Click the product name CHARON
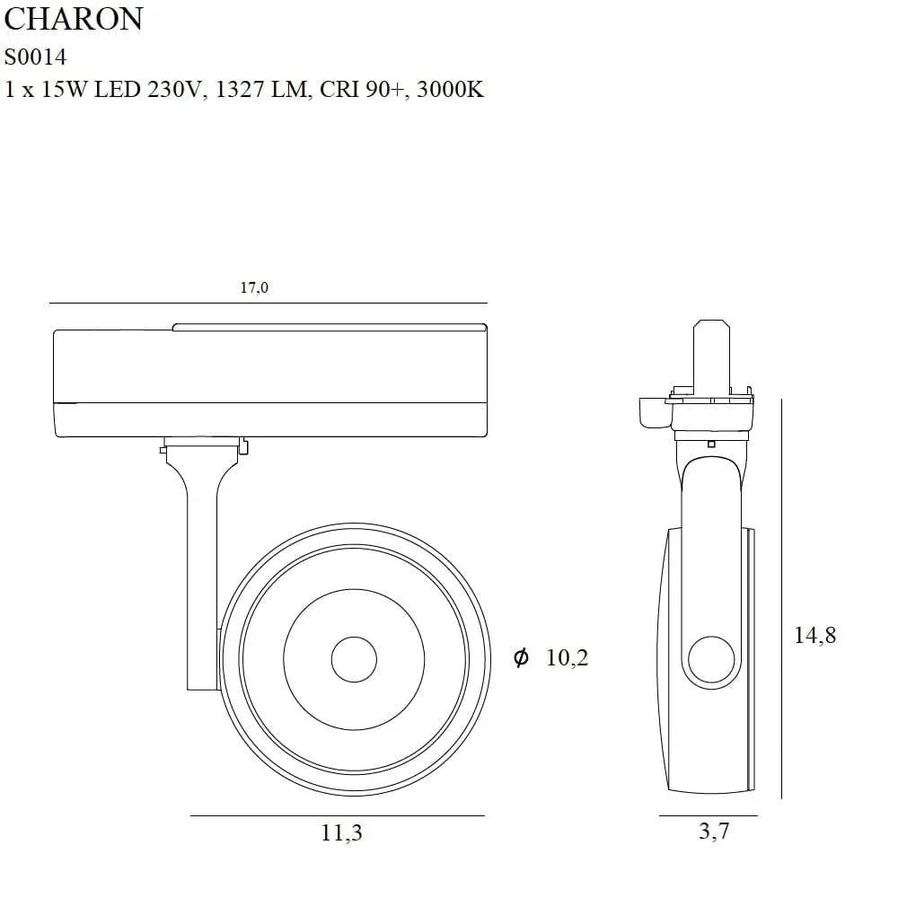point(74,20)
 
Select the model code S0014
point(35,56)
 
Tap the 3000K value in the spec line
point(451,90)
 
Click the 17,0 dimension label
point(254,288)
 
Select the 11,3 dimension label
point(341,832)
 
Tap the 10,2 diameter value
point(567,658)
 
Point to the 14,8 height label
point(814,635)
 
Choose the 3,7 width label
point(714,831)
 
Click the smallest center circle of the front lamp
point(354,660)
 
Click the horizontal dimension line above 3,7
point(708,815)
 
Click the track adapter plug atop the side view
point(709,355)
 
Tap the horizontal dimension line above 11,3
point(338,815)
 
